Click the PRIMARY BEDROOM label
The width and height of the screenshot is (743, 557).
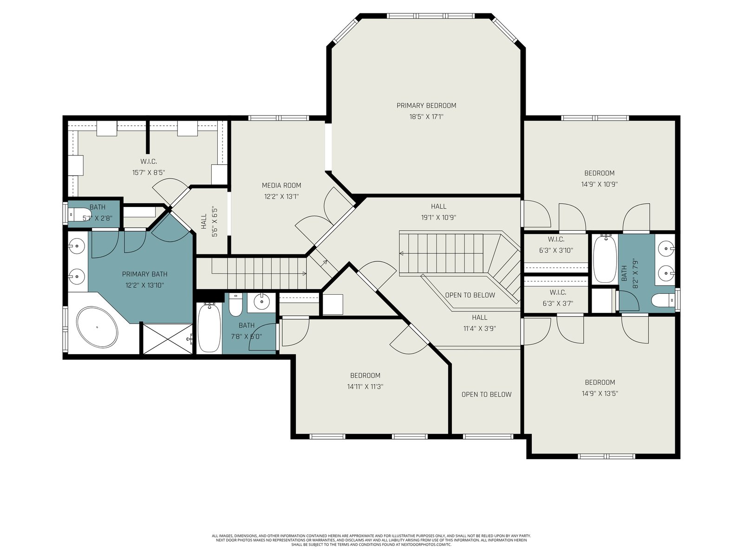pyautogui.click(x=426, y=105)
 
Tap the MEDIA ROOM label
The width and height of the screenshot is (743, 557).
pyautogui.click(x=281, y=185)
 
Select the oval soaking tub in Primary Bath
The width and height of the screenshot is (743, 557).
pyautogui.click(x=97, y=327)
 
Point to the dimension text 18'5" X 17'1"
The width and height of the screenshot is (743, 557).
pyautogui.click(x=426, y=117)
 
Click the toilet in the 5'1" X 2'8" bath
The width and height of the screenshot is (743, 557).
pyautogui.click(x=75, y=214)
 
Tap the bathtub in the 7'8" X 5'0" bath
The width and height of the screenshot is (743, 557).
pyautogui.click(x=209, y=327)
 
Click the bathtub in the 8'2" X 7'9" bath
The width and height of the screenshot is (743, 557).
pyautogui.click(x=605, y=259)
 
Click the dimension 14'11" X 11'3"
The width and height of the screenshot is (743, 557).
pyautogui.click(x=365, y=387)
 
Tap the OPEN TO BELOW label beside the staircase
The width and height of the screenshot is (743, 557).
pyautogui.click(x=470, y=295)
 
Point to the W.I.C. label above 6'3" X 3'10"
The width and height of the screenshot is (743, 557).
pyautogui.click(x=556, y=240)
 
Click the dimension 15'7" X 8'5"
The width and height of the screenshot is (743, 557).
pyautogui.click(x=149, y=173)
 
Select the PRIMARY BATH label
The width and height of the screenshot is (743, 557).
pyautogui.click(x=144, y=274)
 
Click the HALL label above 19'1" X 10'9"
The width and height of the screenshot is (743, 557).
pyautogui.click(x=438, y=206)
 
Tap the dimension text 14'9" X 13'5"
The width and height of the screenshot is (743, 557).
pyautogui.click(x=600, y=393)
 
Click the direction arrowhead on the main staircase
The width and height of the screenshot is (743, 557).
pyautogui.click(x=402, y=253)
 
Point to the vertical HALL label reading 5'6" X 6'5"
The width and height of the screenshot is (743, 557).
pyautogui.click(x=204, y=221)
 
